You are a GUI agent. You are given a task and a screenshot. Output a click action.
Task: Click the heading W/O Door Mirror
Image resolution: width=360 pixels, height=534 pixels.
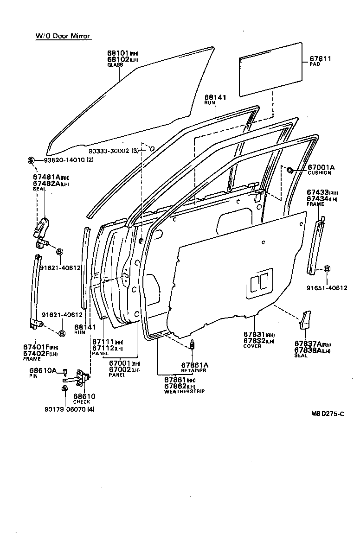click(63, 36)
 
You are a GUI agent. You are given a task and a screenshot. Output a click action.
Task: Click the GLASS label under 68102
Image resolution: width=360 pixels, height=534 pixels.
click(115, 65)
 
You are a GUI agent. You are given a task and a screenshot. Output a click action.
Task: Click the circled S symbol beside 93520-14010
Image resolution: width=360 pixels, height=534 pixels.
click(31, 160)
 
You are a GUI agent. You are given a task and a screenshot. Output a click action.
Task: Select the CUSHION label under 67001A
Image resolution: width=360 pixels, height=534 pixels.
click(320, 173)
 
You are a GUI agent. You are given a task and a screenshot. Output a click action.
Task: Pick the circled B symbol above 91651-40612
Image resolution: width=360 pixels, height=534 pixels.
click(327, 269)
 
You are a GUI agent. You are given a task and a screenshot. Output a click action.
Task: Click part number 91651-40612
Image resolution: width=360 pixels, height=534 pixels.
click(327, 288)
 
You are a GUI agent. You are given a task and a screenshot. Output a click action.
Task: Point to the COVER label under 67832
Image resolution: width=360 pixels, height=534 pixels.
click(252, 346)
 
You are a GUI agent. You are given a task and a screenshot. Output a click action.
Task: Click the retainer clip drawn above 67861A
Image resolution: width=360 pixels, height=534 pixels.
click(192, 345)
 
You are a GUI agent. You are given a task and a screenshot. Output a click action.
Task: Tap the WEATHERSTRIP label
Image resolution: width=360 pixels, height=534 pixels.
click(184, 391)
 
